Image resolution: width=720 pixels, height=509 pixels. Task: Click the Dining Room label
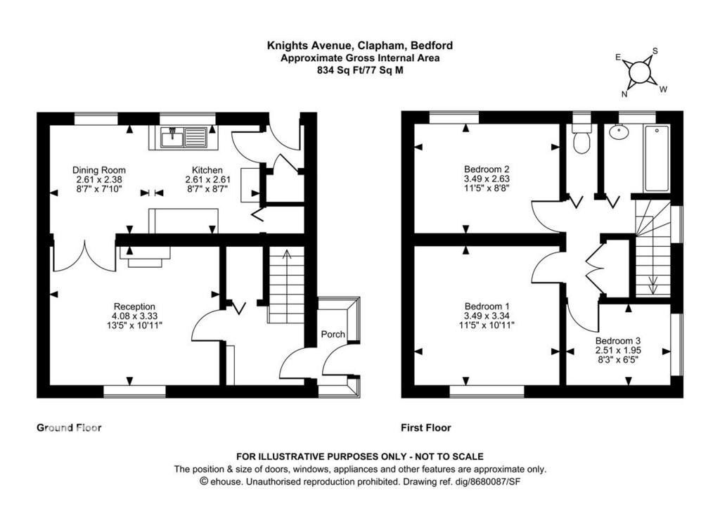point(98,170)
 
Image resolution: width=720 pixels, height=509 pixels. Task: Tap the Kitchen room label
point(207,170)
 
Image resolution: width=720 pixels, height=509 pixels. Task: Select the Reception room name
point(134,307)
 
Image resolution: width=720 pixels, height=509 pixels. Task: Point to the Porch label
point(333,334)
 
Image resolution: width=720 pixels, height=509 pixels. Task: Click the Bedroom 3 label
point(618,341)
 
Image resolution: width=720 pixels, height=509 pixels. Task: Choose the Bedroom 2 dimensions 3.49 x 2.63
point(487,179)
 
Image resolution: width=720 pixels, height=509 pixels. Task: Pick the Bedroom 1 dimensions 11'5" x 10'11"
point(487,325)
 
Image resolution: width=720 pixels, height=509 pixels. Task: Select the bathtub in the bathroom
point(657,158)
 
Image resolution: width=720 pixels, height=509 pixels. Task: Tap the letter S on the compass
point(655,51)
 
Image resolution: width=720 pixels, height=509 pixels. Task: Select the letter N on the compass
point(624,94)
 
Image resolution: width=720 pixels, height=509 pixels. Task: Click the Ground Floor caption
point(69,427)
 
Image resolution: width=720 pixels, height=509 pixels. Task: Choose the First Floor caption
point(426,427)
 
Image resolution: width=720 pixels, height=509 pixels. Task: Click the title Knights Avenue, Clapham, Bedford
point(360,46)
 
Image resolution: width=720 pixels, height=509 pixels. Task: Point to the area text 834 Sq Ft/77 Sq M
point(360,71)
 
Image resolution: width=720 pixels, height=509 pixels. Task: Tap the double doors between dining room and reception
point(85,257)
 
